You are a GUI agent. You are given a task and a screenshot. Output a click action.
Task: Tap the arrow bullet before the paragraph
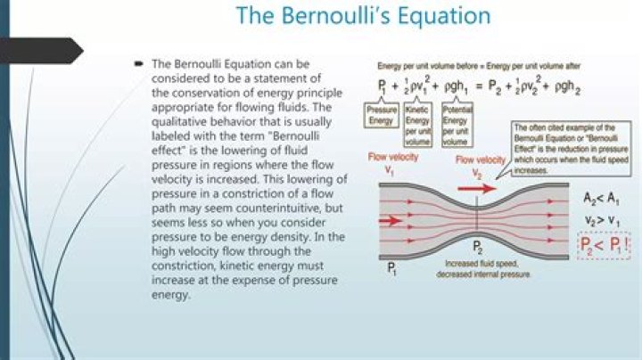point(139,65)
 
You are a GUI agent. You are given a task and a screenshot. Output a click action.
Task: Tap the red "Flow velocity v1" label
point(390,162)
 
